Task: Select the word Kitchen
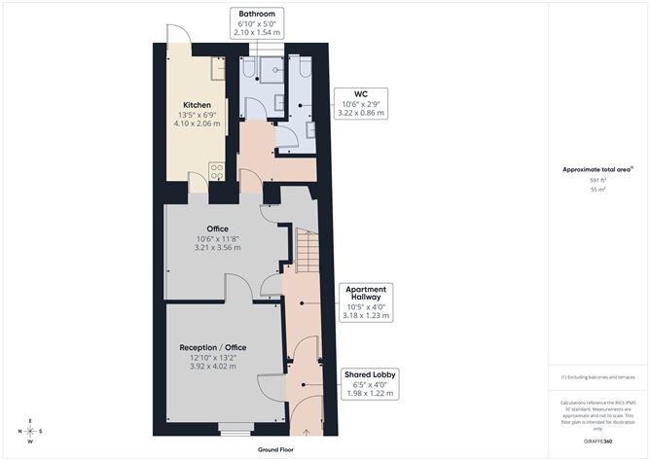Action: [198, 104]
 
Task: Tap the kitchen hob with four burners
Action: [217, 171]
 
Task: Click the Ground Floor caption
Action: [276, 450]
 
